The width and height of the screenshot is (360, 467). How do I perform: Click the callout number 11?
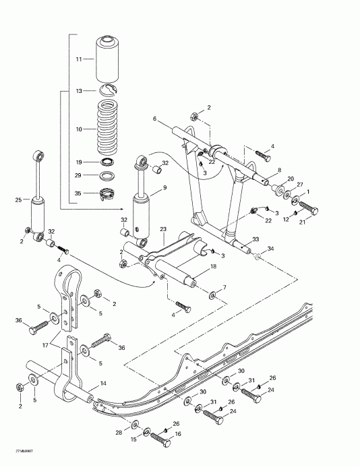pyautogui.click(x=79, y=59)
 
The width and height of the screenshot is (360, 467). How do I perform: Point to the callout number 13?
pyautogui.click(x=79, y=90)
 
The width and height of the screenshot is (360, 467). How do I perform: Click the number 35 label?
pyautogui.click(x=79, y=193)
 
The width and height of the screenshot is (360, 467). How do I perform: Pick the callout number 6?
pyautogui.click(x=154, y=119)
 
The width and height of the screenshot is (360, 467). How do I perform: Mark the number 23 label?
pyautogui.click(x=163, y=229)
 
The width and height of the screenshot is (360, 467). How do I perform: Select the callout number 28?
pyautogui.click(x=119, y=432)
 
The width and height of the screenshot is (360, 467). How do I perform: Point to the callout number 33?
pyautogui.click(x=256, y=239)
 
